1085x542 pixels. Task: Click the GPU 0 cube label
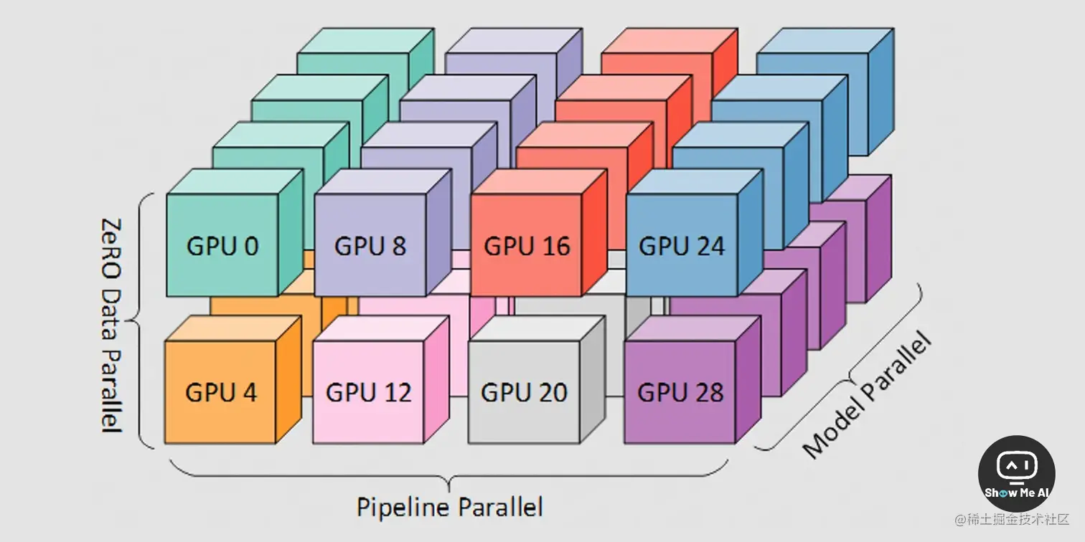coord(222,246)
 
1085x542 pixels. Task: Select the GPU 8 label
coord(370,246)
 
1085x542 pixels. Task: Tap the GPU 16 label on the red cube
coord(527,246)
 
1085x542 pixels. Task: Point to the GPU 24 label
coord(682,246)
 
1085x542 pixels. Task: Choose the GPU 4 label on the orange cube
coord(221,392)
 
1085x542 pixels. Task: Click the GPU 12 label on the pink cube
coord(369,392)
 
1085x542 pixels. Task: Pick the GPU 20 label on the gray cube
coord(524,392)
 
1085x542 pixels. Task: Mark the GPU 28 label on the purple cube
coord(680,392)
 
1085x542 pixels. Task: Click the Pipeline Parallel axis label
coord(450,507)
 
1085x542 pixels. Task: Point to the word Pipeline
coord(403,507)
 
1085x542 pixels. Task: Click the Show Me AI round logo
coord(1017,472)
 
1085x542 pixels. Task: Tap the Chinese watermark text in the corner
coord(1012,518)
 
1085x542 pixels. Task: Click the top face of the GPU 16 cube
coord(542,182)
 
